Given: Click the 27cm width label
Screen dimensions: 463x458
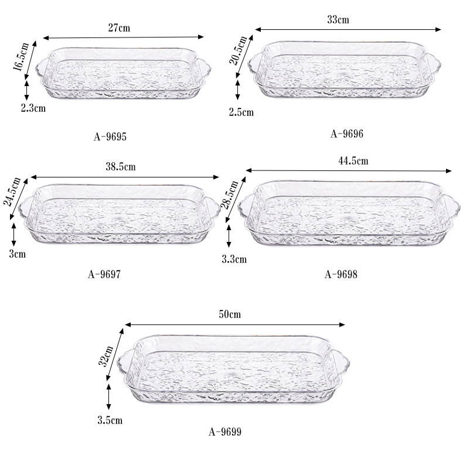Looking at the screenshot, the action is click(x=119, y=28).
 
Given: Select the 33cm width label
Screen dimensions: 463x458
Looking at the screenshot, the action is click(x=338, y=19).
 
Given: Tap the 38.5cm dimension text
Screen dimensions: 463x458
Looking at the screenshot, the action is click(x=121, y=167).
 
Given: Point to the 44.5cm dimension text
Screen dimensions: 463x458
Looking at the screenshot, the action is click(x=353, y=161).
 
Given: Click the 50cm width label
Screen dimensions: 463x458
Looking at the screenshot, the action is click(x=230, y=315).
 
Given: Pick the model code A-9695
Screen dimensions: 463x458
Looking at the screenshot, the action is click(x=110, y=136).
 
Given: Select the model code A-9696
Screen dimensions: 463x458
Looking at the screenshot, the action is click(x=347, y=134).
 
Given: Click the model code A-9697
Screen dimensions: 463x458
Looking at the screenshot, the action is click(x=104, y=275).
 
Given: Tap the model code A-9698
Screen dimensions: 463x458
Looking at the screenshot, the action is click(x=341, y=275).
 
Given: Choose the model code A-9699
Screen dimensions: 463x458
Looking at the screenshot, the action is click(x=225, y=432).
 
